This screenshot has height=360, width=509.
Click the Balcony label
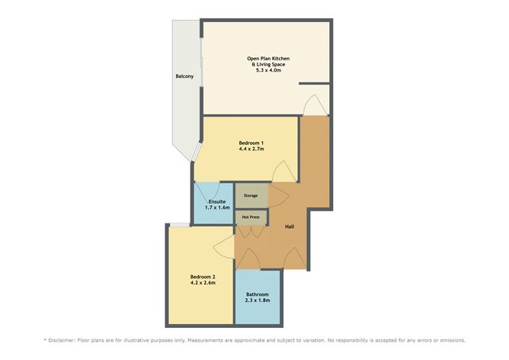[x=184, y=76]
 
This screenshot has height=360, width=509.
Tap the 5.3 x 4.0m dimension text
[x=268, y=70]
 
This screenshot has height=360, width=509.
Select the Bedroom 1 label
[x=251, y=143]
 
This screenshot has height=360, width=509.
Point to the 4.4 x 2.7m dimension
[x=251, y=149]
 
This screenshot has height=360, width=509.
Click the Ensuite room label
[x=217, y=201]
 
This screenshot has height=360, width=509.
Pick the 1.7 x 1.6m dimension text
[x=217, y=207]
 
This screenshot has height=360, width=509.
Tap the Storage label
[x=251, y=195]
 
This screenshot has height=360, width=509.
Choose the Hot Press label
[x=251, y=217]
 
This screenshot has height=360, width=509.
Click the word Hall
[x=290, y=227]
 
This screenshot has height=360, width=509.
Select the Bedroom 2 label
[x=203, y=277]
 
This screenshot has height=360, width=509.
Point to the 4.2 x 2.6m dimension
[x=203, y=283]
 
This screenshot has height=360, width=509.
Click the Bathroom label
[x=258, y=294]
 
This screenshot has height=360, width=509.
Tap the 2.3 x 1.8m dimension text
[x=258, y=301]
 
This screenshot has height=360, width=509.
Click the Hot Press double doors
[x=251, y=232]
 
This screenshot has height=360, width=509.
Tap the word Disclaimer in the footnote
[x=62, y=340]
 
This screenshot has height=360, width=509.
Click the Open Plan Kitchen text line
[x=268, y=59]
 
